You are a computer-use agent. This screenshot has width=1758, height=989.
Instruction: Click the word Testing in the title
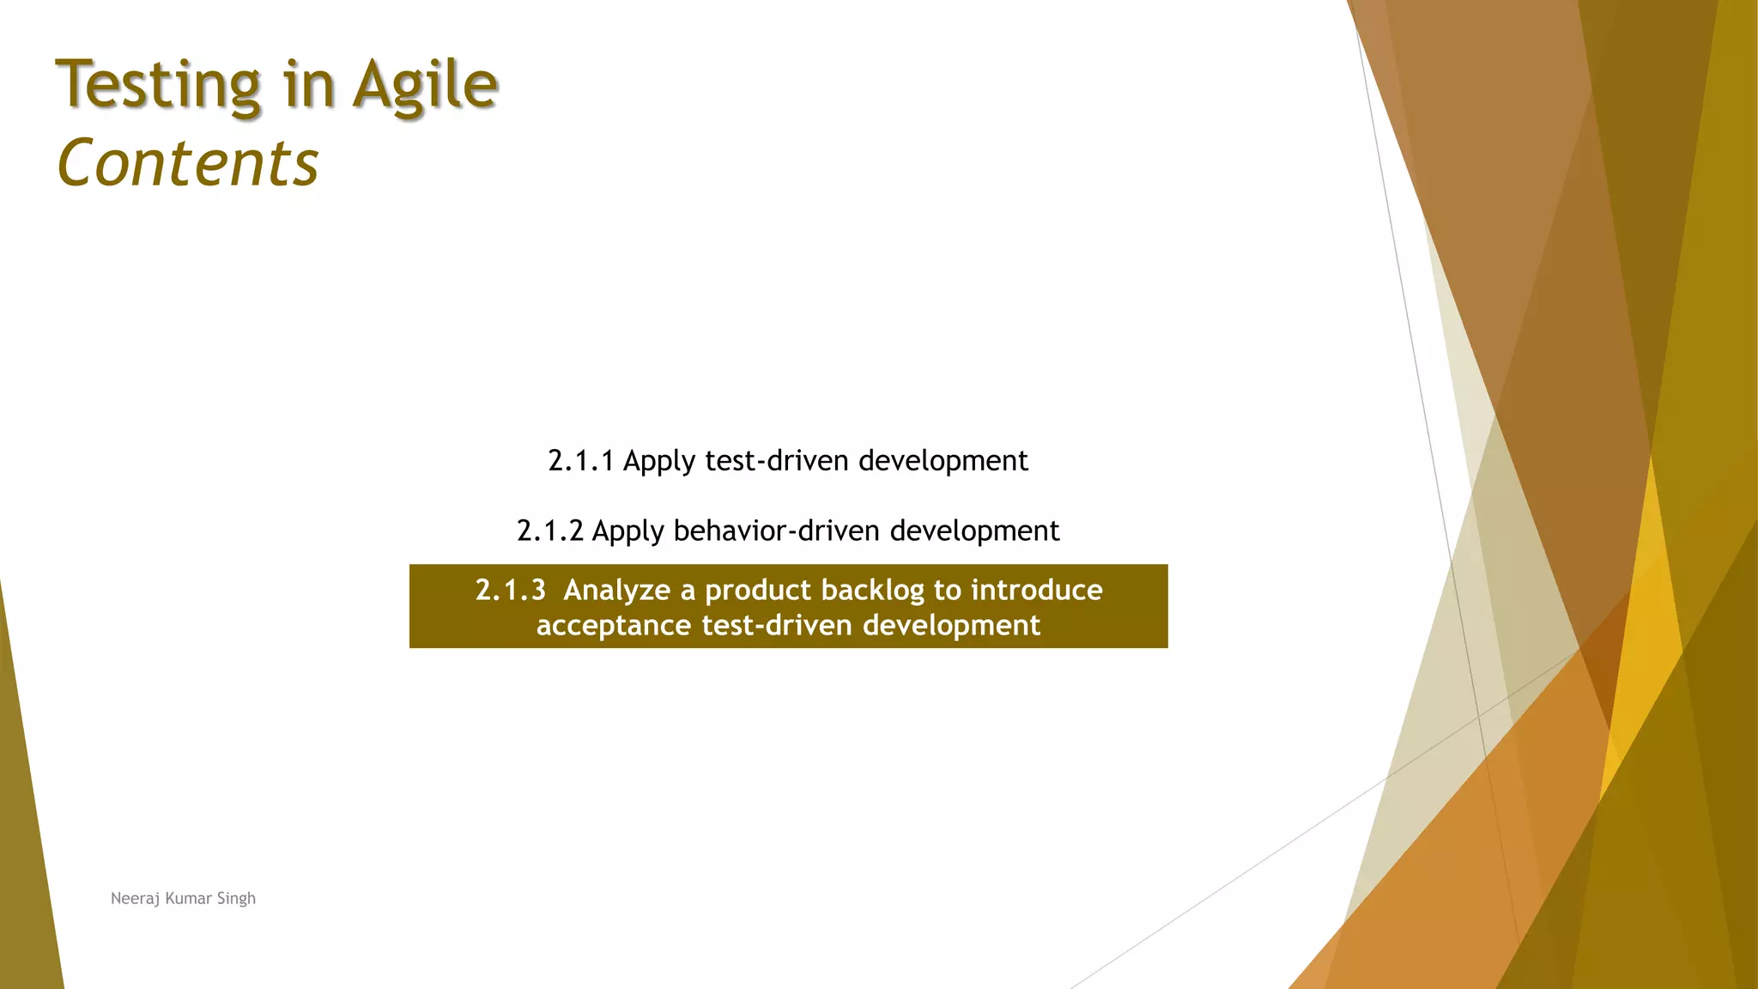coord(158,86)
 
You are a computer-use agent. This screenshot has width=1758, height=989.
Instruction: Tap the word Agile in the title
coord(425,86)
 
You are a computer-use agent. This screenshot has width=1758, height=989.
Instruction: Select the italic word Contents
coord(188,163)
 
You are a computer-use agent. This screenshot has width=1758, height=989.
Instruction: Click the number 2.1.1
coord(581,461)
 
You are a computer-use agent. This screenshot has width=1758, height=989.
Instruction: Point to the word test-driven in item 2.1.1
coord(778,461)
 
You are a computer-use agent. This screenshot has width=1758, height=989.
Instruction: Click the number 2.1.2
coord(550,531)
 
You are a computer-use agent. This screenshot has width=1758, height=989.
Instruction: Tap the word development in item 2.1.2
coord(974,531)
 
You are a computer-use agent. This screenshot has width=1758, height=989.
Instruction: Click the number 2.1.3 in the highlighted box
coord(511,590)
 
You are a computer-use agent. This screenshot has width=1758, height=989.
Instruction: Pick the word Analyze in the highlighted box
coord(616,590)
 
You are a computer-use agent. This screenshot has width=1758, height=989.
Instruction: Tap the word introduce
coord(1036,590)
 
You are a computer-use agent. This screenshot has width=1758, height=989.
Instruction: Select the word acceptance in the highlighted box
coord(614,625)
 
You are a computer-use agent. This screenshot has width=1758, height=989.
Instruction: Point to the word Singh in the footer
coord(236,899)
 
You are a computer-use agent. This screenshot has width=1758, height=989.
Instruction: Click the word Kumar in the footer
coord(188,899)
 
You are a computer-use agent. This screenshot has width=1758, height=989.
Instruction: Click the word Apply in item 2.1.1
coord(659,462)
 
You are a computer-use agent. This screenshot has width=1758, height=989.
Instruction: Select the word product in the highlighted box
coord(758,591)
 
